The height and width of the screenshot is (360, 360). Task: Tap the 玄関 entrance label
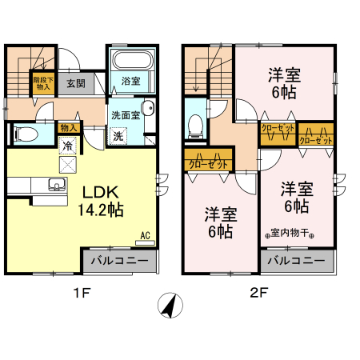[x=76, y=82]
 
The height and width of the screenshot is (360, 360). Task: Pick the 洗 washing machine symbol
[x=118, y=135]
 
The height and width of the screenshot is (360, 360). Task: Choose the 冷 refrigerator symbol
[x=68, y=146]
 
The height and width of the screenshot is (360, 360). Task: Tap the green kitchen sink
[x=56, y=186]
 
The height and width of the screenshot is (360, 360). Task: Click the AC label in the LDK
[x=146, y=234]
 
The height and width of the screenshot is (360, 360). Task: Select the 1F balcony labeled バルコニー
[x=118, y=262]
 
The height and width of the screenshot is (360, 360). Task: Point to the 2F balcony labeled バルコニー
[x=296, y=262]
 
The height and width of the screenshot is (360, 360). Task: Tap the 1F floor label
[x=82, y=293]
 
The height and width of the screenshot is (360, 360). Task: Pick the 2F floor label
[x=258, y=293]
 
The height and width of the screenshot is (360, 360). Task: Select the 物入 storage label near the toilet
[x=69, y=127]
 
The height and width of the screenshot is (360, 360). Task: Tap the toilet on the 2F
[x=195, y=122]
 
